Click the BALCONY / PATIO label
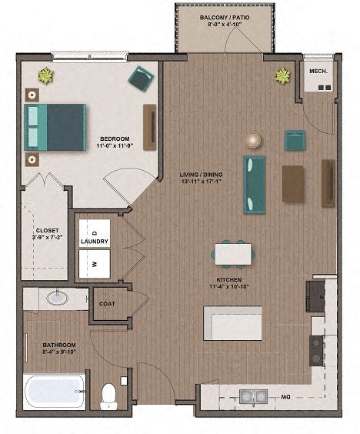coord(225,16)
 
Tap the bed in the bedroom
coord(55,127)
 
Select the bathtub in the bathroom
coord(54,392)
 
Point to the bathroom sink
coord(55,297)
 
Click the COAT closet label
coord(107,303)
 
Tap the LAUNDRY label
coord(95,242)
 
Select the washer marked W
coord(95,262)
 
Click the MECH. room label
coord(318,71)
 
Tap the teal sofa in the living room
coord(254,184)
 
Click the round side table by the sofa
coord(253,139)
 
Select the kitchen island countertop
coord(232,322)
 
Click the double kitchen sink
coord(252,396)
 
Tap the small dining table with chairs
coord(232,253)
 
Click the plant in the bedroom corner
coord(46,75)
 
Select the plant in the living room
coord(283,75)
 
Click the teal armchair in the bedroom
coord(141,78)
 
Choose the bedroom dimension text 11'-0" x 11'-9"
coord(115,145)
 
